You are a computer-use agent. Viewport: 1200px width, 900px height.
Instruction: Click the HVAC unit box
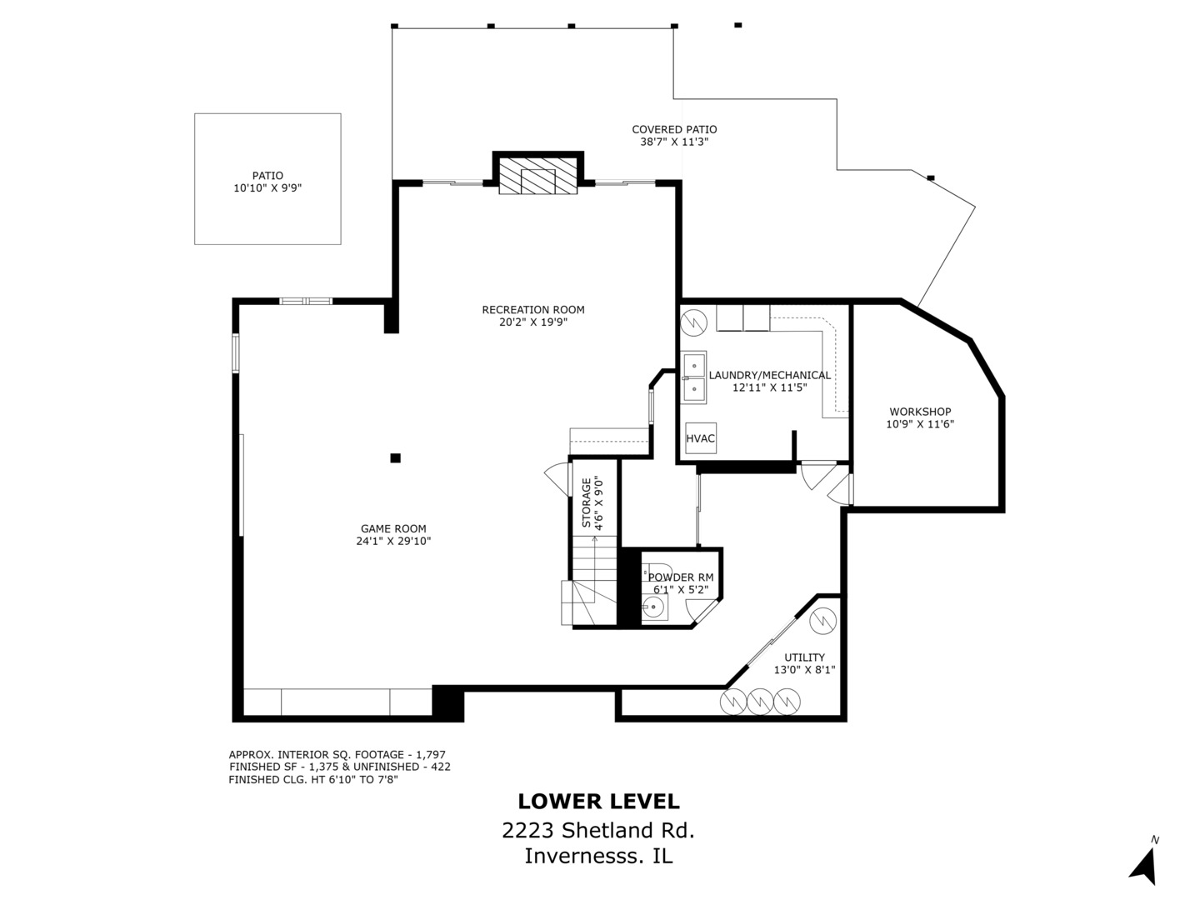(x=700, y=438)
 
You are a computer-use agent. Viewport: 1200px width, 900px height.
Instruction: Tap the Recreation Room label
(x=533, y=310)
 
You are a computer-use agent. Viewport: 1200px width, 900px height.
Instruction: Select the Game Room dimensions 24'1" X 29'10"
(x=393, y=541)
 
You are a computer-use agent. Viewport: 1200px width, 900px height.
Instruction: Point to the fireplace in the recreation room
(x=538, y=176)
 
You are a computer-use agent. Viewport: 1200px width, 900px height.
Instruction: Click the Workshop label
(x=920, y=412)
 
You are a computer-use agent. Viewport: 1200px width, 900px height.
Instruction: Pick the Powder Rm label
(x=681, y=577)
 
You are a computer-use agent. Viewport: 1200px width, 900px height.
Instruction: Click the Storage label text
(x=587, y=502)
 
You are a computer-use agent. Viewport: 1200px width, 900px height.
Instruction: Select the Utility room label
(x=804, y=657)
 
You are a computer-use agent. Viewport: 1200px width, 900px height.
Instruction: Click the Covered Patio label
(x=675, y=129)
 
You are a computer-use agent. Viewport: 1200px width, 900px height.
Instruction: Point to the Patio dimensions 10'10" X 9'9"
(x=267, y=188)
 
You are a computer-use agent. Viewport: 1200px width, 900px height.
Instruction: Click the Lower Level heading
(x=598, y=801)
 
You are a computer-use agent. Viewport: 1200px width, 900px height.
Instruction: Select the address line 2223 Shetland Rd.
(x=598, y=831)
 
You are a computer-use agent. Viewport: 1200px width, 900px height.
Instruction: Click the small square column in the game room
(x=395, y=458)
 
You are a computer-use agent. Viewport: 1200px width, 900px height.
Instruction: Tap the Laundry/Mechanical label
(x=770, y=375)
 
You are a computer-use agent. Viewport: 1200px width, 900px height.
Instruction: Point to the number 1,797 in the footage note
(x=431, y=755)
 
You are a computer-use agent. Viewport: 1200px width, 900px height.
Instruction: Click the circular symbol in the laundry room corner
(x=694, y=322)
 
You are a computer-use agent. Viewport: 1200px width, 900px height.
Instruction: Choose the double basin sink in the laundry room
(x=694, y=377)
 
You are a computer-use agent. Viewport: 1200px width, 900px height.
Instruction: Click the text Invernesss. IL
(x=598, y=856)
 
